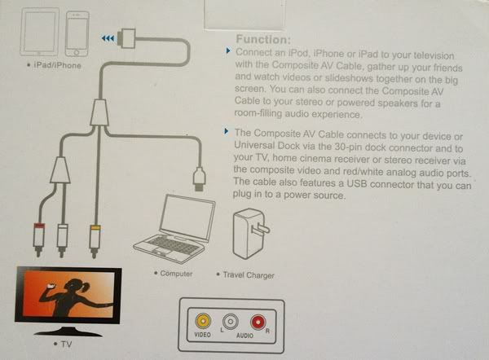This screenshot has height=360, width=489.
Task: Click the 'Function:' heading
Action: point(263,40)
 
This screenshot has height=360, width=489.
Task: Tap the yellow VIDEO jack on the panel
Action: point(203,320)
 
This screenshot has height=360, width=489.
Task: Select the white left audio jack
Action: point(231,322)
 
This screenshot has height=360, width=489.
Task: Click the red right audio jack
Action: point(258,323)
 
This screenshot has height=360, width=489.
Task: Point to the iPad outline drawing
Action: point(40,32)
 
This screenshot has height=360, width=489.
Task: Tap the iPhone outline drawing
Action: point(77,34)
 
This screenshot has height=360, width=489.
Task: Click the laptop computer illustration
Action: point(174,229)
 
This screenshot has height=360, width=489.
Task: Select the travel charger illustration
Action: point(250,234)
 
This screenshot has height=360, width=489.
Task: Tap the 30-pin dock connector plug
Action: point(127,38)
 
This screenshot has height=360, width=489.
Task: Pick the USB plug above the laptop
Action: point(200,178)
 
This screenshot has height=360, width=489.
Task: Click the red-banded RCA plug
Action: point(38,239)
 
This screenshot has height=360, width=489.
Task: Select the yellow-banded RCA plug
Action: point(95,240)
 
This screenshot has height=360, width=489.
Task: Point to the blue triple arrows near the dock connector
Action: point(108,38)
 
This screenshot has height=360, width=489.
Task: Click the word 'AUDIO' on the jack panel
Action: point(244,336)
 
